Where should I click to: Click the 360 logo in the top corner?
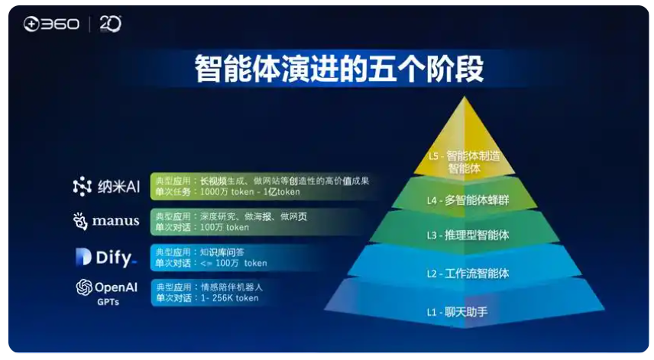[x=50, y=24]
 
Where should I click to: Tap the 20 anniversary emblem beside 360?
[x=110, y=24]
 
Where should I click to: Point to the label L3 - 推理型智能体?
[x=467, y=235]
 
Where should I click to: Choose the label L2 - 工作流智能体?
[x=467, y=273]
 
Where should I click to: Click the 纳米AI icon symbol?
[x=82, y=186]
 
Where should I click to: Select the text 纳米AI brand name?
[x=118, y=186]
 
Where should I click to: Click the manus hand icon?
[x=80, y=221]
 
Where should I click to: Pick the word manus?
[x=116, y=221]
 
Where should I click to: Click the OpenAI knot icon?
[x=84, y=287]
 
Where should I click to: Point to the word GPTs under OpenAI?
[x=107, y=302]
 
